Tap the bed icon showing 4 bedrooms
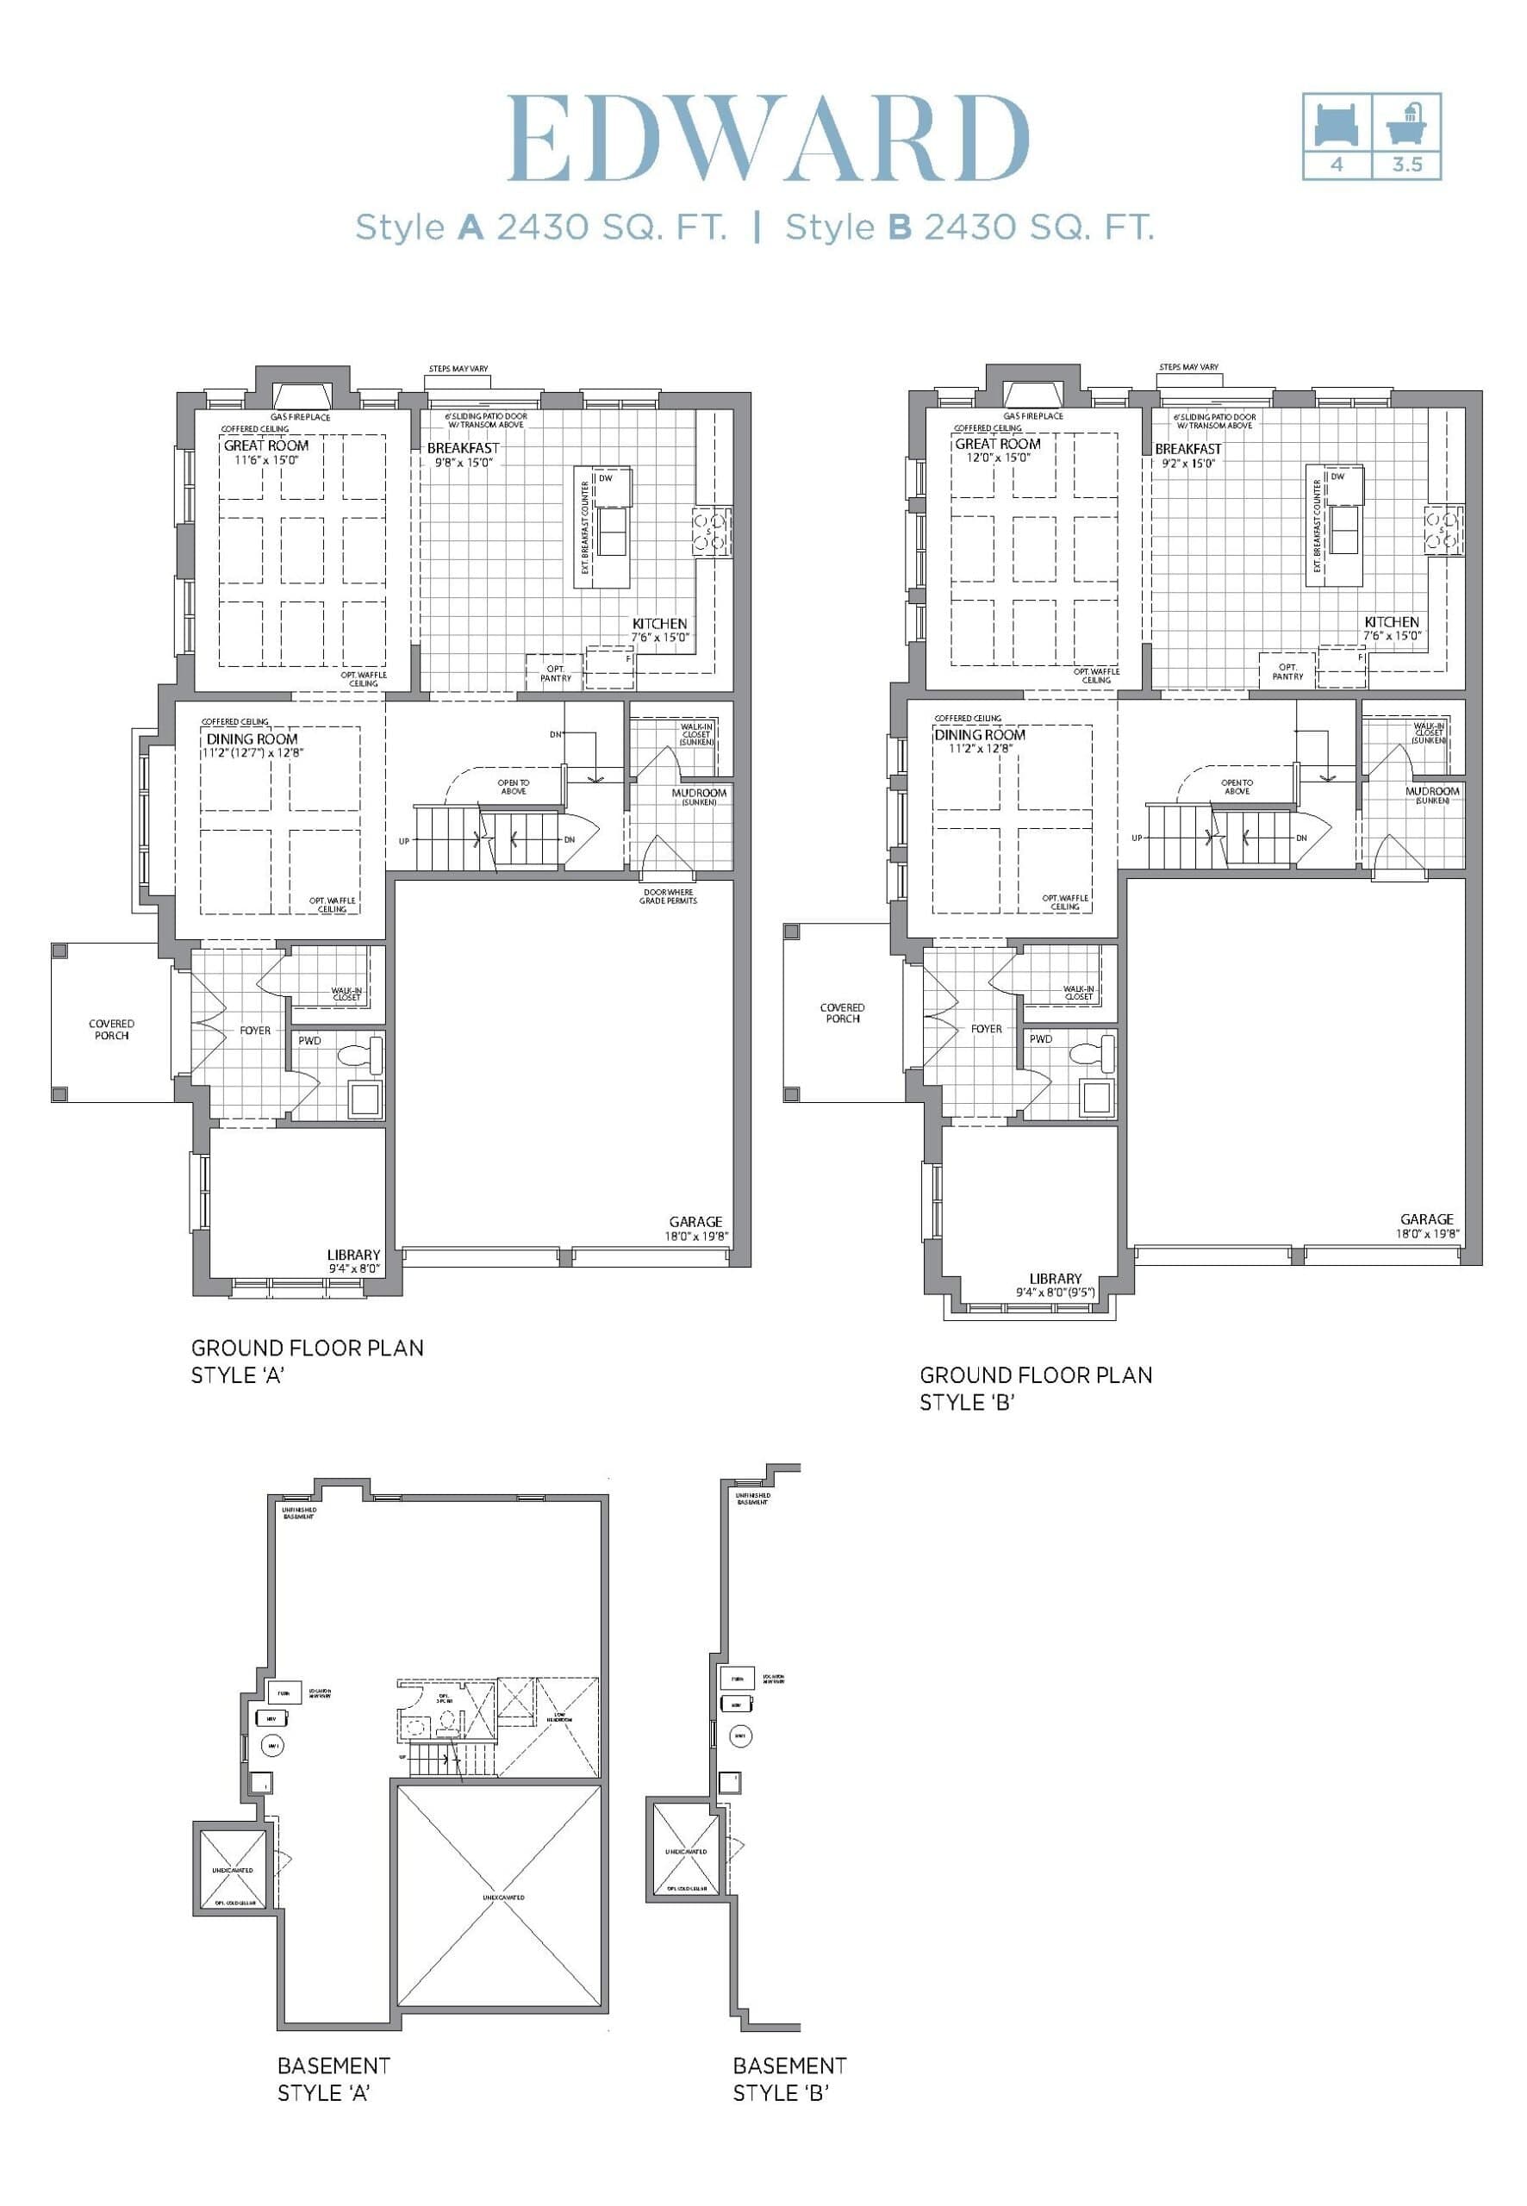1337,124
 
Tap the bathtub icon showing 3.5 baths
1406,124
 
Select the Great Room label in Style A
266,446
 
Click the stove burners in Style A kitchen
711,532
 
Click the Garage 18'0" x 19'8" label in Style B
1425,1225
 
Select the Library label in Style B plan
1056,1278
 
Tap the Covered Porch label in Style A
112,1030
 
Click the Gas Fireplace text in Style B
1032,416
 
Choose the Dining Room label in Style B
979,735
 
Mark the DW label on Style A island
606,478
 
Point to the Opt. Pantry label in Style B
1287,671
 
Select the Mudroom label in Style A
699,793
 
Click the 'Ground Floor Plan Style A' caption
306,1361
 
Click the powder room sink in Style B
1096,1096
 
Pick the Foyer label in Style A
255,1031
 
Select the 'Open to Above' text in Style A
513,787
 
